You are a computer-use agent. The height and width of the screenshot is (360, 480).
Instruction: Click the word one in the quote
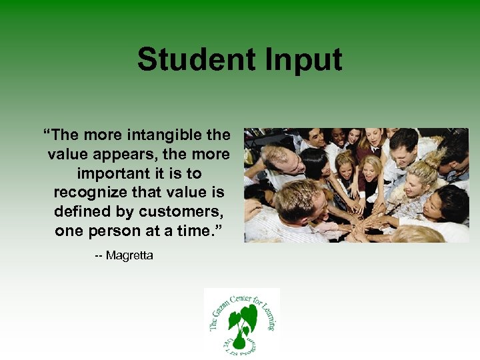(x=69, y=231)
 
